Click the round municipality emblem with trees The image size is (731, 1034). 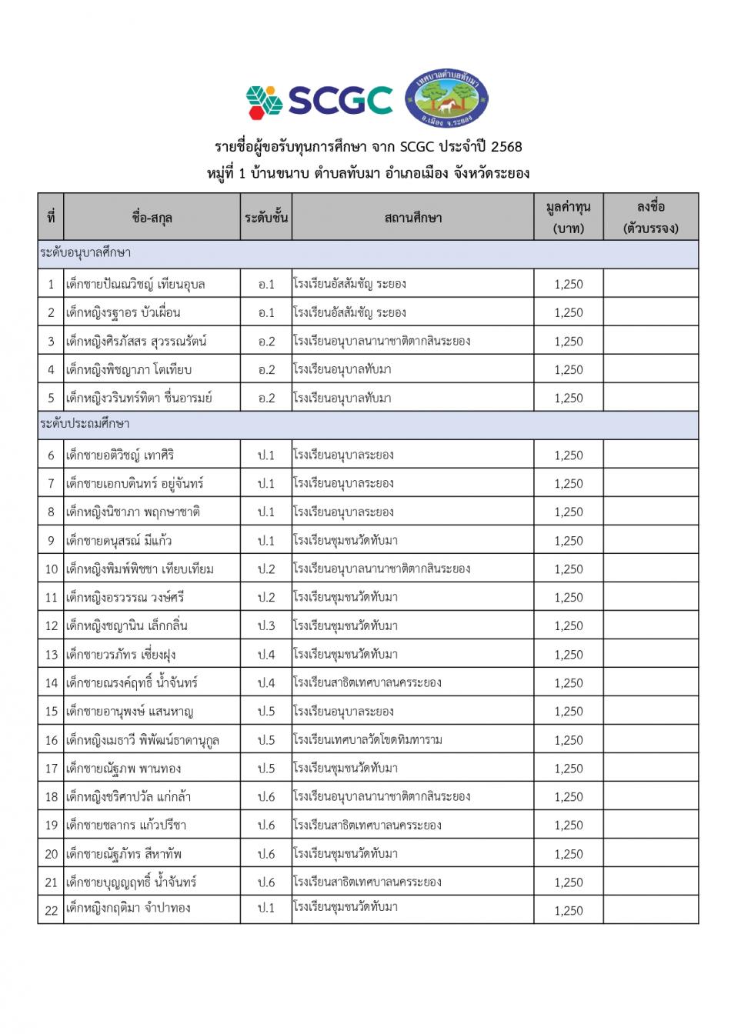point(446,98)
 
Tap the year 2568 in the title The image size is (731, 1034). point(506,147)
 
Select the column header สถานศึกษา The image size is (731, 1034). point(412,218)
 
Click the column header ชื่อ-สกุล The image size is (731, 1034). point(152,218)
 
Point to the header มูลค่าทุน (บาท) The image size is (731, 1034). point(568,218)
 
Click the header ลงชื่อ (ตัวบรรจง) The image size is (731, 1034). point(650,218)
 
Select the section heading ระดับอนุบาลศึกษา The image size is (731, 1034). point(85,252)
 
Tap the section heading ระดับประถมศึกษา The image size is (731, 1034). point(85,424)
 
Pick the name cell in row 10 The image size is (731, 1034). point(140,569)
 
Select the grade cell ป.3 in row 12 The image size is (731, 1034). point(266,626)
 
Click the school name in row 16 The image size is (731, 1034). point(368,740)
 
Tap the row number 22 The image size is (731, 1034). point(51,910)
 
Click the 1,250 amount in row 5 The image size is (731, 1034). point(569,399)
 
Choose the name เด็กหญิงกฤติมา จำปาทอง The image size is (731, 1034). point(128,909)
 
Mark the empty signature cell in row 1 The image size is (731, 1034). point(650,284)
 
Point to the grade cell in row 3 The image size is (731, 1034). point(266,342)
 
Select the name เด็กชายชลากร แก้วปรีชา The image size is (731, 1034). point(126,826)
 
